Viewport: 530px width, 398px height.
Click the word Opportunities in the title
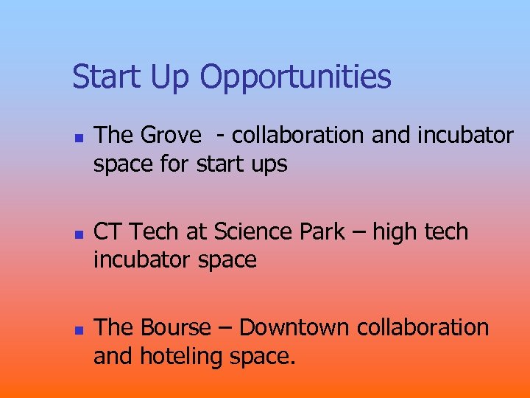pyautogui.click(x=295, y=77)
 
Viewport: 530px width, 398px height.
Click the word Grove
pyautogui.click(x=170, y=136)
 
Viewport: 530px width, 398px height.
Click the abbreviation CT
pyautogui.click(x=108, y=231)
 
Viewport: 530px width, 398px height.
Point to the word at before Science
pyautogui.click(x=197, y=231)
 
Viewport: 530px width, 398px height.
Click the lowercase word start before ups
pyautogui.click(x=220, y=164)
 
